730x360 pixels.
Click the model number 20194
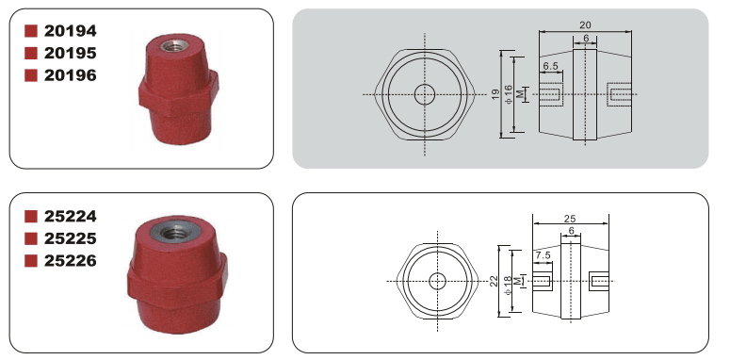71,31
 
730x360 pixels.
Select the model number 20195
71,54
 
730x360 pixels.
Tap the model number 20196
71,75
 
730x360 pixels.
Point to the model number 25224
71,217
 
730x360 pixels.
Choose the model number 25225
71,239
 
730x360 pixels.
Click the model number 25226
71,261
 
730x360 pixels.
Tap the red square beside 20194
31,31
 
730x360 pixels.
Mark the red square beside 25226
31,261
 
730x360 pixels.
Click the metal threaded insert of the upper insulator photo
174,45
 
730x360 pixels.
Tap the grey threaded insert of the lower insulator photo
176,230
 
